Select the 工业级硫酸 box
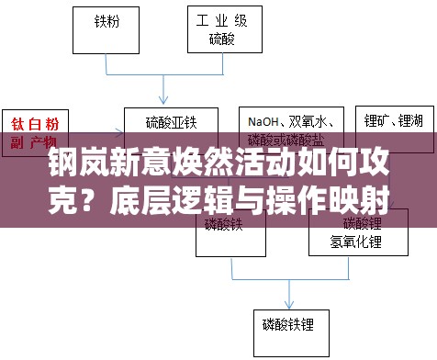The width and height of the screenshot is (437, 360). pos(221,29)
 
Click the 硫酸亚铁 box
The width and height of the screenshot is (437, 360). pos(171,122)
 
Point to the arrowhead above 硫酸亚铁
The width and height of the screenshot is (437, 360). pos(164,100)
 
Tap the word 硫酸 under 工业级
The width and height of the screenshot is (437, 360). pos(221,39)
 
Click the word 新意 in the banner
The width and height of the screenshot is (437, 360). pos(134,166)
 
